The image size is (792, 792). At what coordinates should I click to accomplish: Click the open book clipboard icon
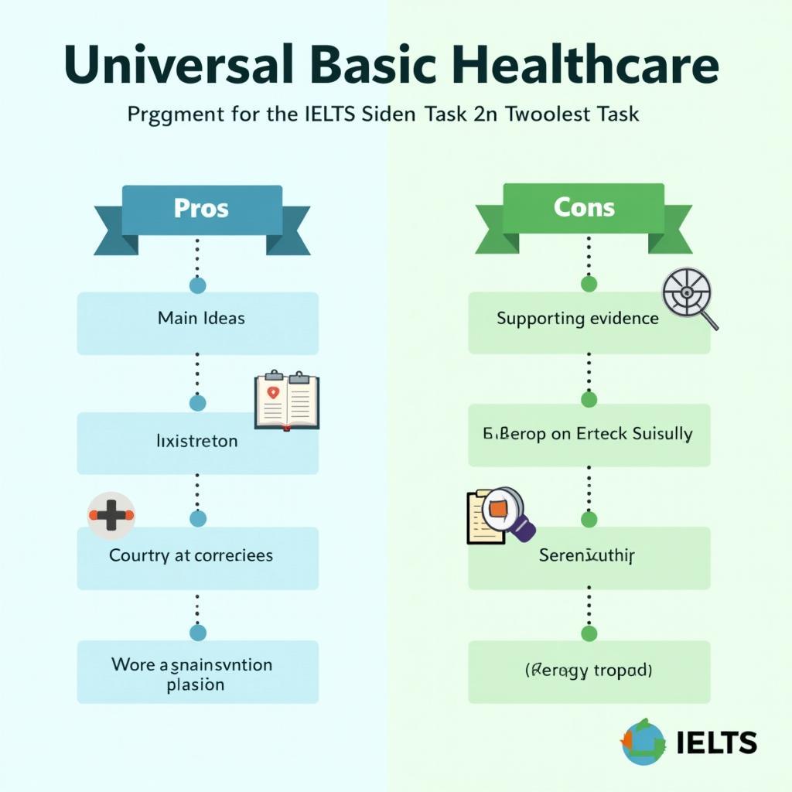point(287,401)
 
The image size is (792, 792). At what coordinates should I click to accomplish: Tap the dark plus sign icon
point(111,514)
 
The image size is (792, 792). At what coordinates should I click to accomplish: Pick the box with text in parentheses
point(589,671)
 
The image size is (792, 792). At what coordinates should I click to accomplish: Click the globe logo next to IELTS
point(643,742)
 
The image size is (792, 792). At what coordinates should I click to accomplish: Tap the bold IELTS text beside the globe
point(716,742)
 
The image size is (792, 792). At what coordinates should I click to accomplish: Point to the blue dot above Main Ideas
point(197,285)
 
